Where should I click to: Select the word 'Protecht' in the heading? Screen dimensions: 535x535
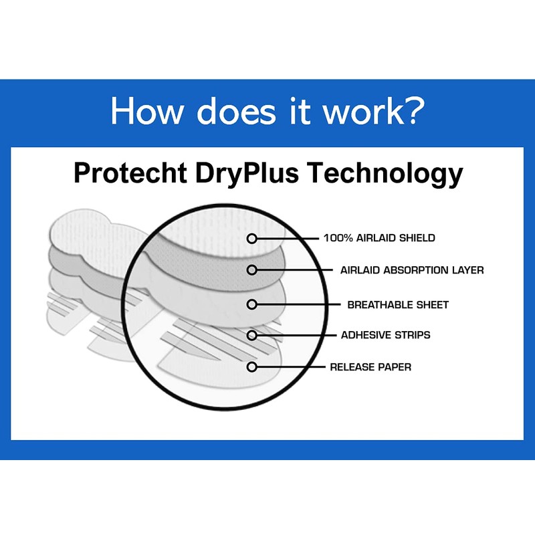131,173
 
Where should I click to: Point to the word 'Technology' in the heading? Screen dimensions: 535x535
385,173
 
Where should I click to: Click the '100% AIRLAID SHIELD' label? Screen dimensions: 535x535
379,237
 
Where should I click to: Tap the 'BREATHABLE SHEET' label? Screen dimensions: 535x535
398,304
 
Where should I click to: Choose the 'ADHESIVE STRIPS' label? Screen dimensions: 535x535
386,334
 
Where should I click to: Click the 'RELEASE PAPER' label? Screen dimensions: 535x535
370,366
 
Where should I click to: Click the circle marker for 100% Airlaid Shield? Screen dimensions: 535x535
252,238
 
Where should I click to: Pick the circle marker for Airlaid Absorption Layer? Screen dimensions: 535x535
252,270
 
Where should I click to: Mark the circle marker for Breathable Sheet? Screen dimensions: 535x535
252,304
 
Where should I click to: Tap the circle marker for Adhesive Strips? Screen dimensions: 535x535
252,334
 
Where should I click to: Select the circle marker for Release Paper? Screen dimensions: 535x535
252,366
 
